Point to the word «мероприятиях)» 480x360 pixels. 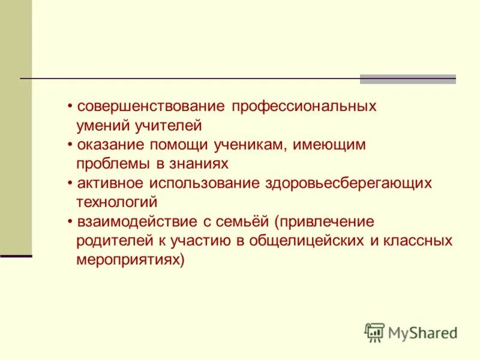click(130, 260)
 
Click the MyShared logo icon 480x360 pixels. click(374, 332)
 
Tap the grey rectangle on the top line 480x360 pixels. click(407, 79)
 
